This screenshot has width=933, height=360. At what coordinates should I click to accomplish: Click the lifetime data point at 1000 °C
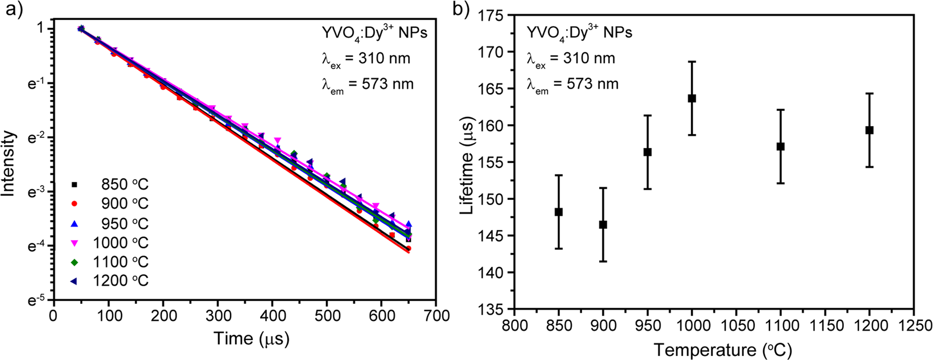[692, 98]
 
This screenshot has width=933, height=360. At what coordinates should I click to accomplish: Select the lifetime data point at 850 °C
[559, 212]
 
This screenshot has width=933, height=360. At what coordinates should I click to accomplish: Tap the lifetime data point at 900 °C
[603, 225]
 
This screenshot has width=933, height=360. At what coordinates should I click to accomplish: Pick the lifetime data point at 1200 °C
[869, 130]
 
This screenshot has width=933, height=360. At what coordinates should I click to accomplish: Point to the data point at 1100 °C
[780, 146]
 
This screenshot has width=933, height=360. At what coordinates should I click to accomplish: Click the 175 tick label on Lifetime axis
[496, 15]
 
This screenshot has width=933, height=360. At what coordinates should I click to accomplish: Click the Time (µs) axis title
[252, 338]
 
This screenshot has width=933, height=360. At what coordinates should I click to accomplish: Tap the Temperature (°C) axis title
[714, 349]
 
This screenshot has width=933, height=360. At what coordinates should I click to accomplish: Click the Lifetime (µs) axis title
[467, 164]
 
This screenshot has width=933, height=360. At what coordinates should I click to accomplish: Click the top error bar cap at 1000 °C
[692, 61]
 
